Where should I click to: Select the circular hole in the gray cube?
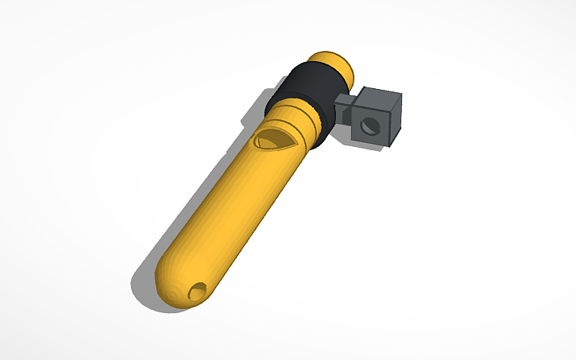pos(367,126)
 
